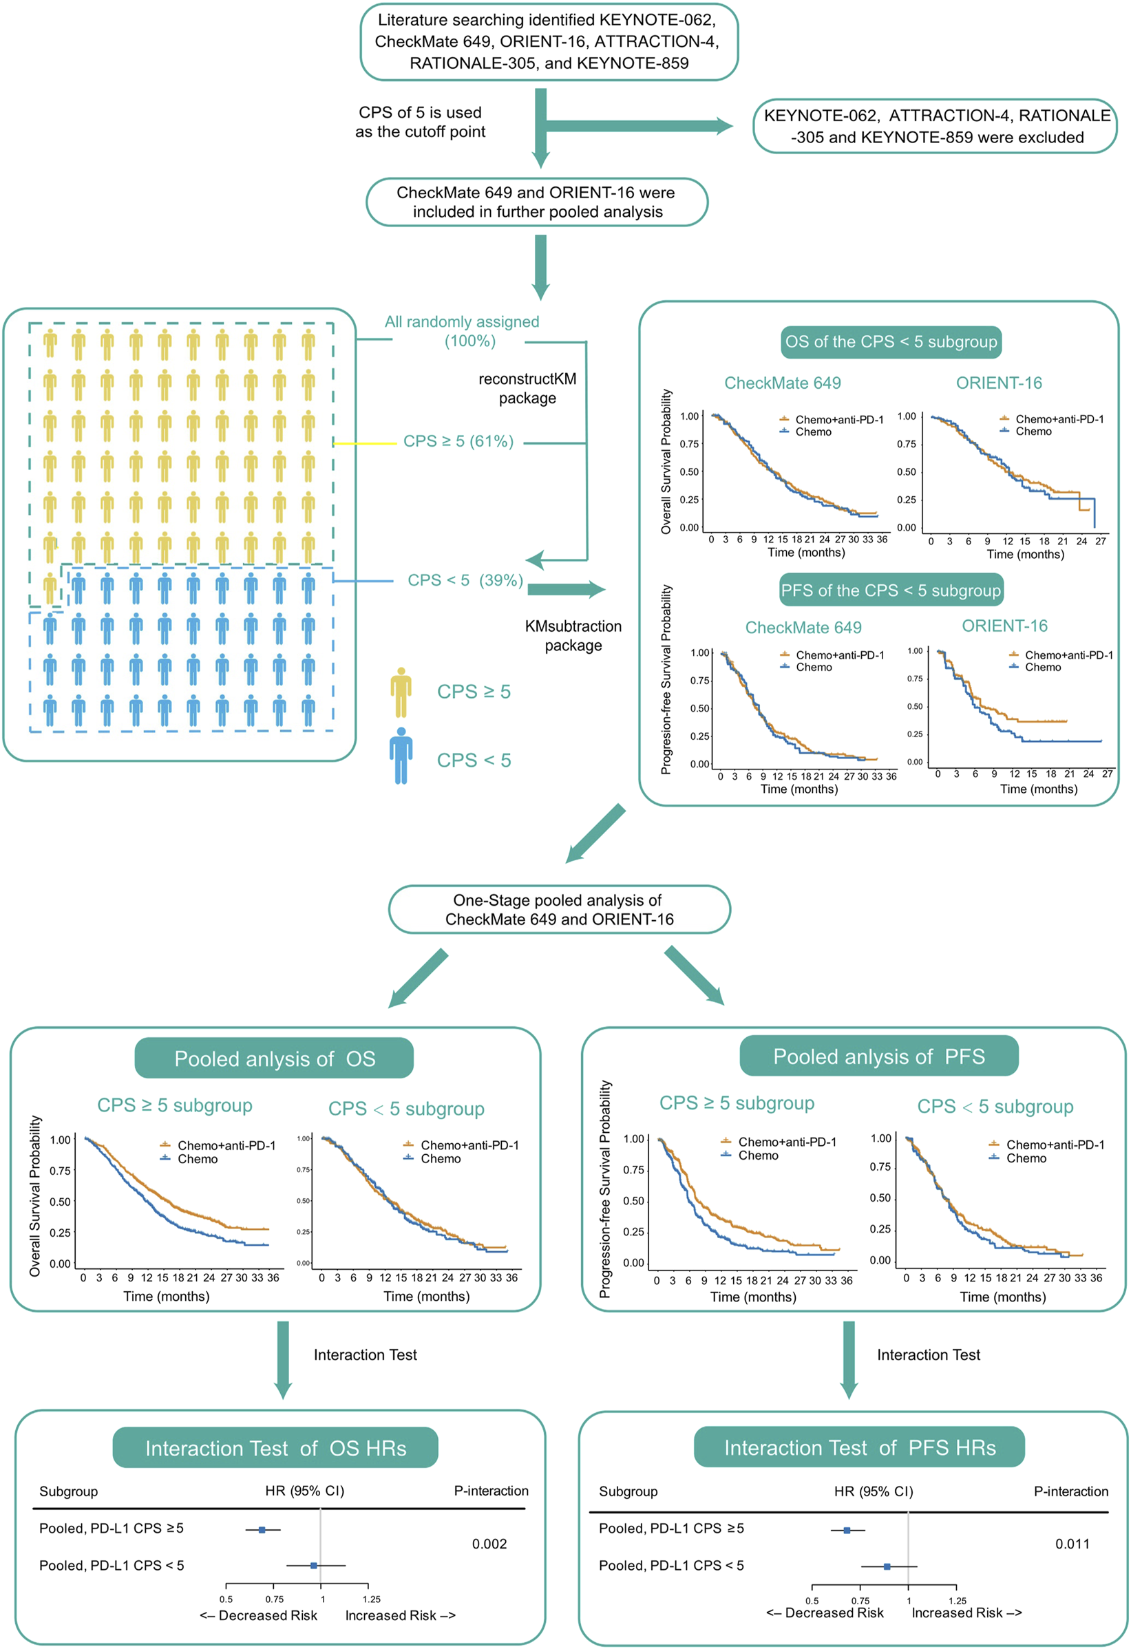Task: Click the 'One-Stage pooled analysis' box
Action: click(x=559, y=909)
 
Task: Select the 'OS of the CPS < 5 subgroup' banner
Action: click(x=891, y=342)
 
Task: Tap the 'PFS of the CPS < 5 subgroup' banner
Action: click(x=891, y=591)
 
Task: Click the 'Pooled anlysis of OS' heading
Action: click(x=274, y=1058)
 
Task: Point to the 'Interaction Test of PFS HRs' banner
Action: click(x=859, y=1447)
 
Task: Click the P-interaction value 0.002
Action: click(x=489, y=1544)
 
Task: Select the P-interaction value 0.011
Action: click(x=1071, y=1544)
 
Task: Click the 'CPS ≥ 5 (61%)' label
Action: click(x=458, y=441)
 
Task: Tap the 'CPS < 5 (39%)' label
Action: click(x=465, y=580)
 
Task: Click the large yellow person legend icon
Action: click(x=401, y=692)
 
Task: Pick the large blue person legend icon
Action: click(x=401, y=756)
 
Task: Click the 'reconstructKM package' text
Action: click(x=527, y=388)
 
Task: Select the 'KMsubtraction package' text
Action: click(x=573, y=636)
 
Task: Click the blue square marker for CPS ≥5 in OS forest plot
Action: click(x=262, y=1530)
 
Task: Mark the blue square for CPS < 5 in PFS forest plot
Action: click(x=887, y=1565)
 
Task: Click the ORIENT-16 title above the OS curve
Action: click(x=999, y=383)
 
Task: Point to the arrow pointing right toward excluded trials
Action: click(x=639, y=127)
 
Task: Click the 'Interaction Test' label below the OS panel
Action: click(x=365, y=1354)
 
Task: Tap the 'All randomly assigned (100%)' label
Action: click(x=462, y=331)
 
